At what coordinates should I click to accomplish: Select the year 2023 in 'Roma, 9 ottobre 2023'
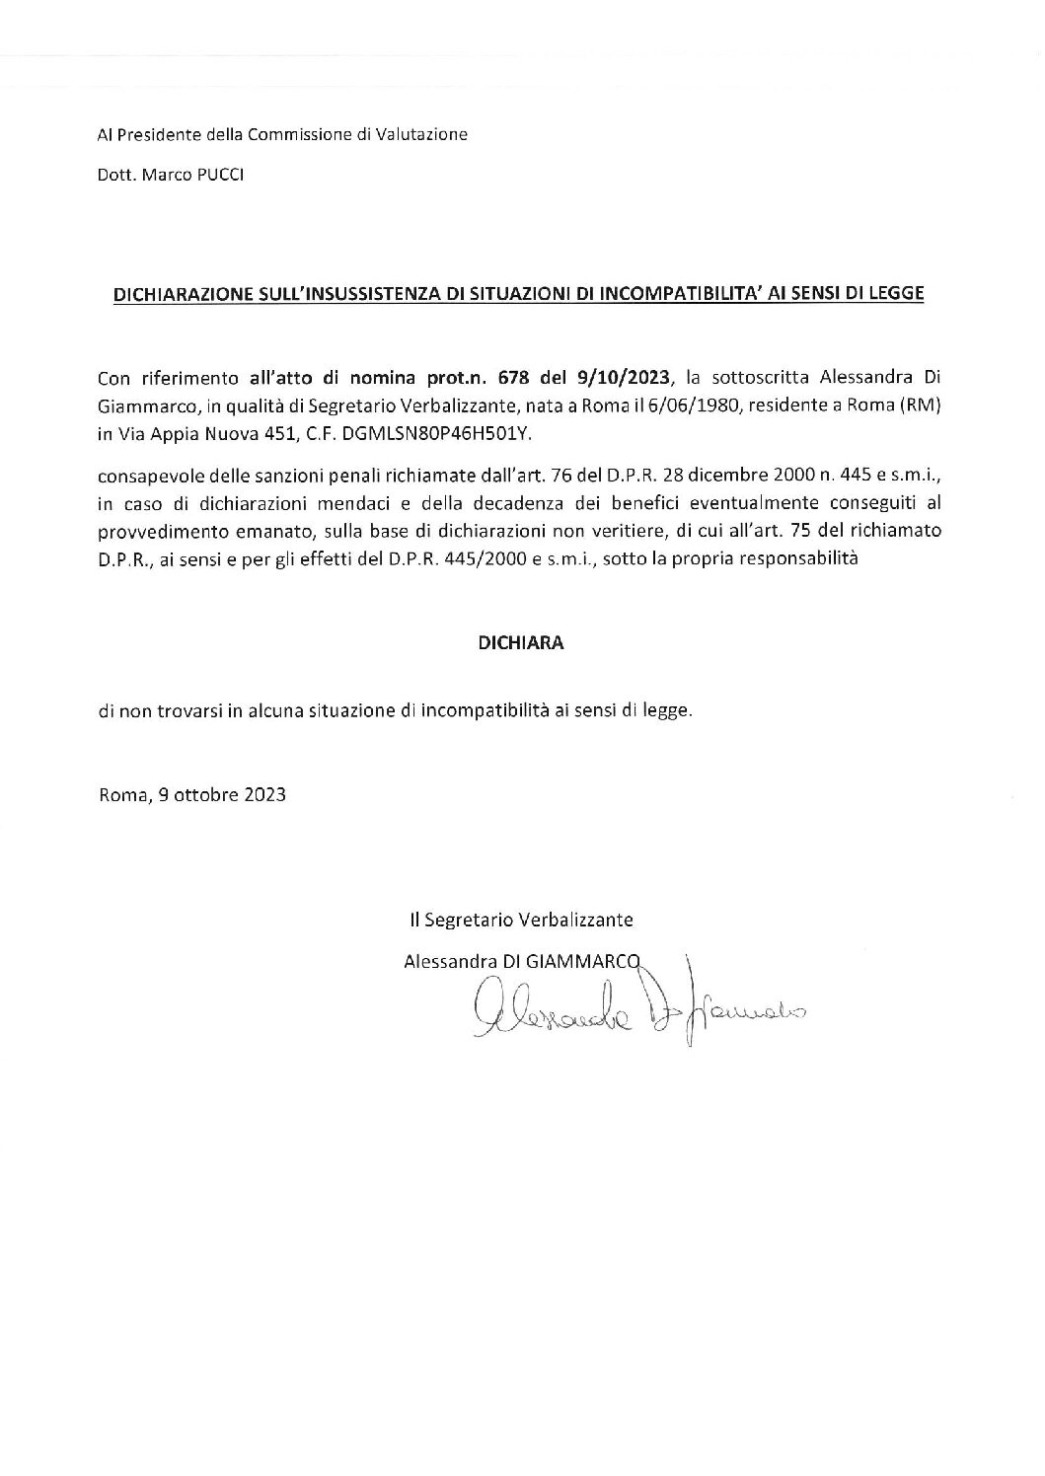click(264, 795)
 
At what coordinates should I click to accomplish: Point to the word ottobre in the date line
click(202, 795)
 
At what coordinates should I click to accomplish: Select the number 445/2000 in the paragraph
click(485, 558)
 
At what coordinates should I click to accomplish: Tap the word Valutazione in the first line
click(422, 134)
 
